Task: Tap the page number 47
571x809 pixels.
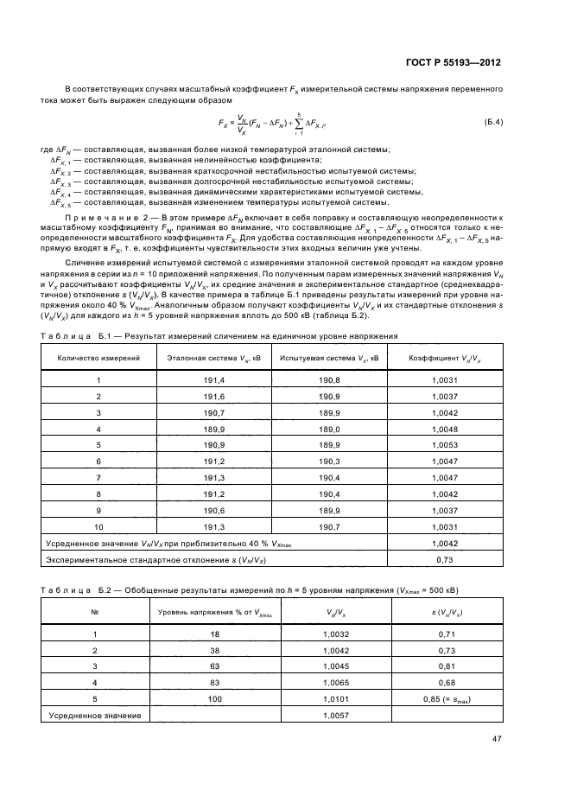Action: pyautogui.click(x=497, y=738)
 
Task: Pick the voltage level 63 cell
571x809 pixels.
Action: pyautogui.click(x=214, y=666)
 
